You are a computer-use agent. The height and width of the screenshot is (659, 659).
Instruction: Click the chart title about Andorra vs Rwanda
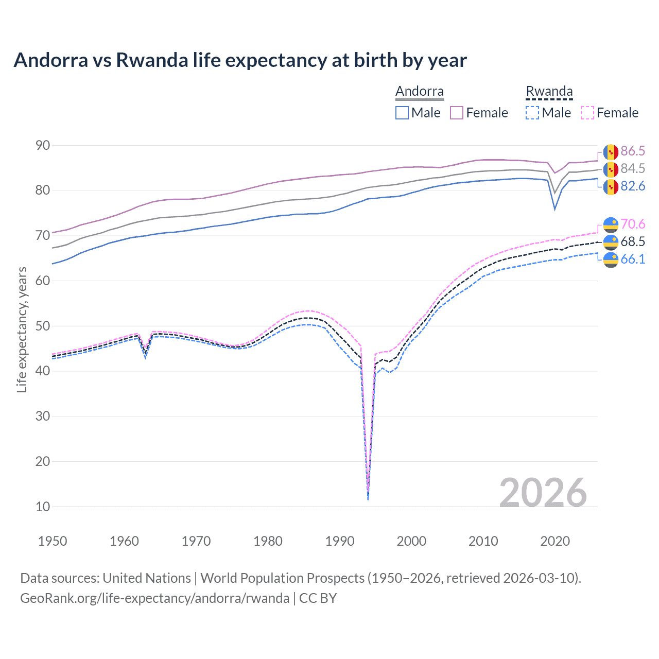(240, 60)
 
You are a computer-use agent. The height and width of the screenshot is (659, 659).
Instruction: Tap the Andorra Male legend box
(402, 113)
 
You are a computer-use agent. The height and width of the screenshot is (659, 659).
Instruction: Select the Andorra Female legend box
(457, 113)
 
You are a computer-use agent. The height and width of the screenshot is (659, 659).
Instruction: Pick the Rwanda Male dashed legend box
(532, 113)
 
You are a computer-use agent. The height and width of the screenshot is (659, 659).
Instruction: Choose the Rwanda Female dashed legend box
(587, 113)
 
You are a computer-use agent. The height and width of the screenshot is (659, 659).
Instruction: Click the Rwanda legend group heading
(549, 91)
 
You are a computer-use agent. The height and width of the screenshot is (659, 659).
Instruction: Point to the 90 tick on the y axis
(43, 146)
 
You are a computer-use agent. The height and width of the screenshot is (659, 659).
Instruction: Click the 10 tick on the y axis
(43, 507)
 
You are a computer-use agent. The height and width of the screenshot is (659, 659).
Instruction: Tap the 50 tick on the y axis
(43, 326)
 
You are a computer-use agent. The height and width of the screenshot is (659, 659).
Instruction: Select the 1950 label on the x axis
(53, 541)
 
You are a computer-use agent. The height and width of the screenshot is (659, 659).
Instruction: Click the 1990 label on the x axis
(340, 541)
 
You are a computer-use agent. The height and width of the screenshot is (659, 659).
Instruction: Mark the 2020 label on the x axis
(555, 541)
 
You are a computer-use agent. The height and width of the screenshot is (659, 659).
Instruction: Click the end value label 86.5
(633, 151)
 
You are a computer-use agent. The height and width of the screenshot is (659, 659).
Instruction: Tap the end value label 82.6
(633, 186)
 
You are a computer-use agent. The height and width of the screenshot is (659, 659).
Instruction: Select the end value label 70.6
(633, 224)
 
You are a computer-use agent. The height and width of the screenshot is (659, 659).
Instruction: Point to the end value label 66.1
(633, 259)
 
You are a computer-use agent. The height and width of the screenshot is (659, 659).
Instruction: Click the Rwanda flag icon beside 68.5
(611, 242)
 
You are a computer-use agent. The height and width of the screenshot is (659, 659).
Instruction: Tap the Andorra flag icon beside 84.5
(611, 169)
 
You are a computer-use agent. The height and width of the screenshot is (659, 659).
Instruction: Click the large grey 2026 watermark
(543, 493)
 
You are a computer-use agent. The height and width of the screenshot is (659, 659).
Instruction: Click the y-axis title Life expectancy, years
(22, 329)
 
